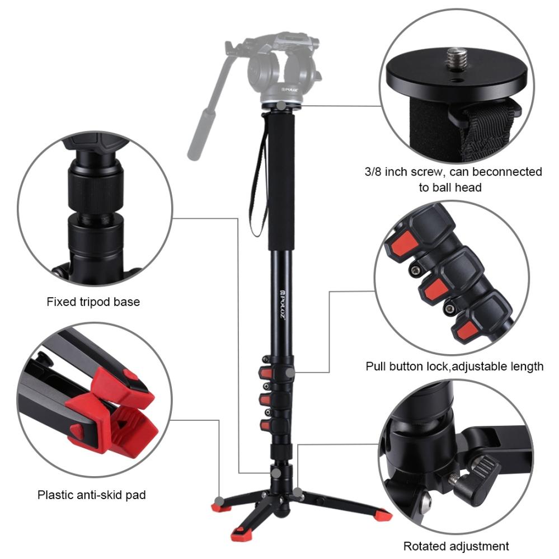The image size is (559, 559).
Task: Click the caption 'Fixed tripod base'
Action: click(x=93, y=302)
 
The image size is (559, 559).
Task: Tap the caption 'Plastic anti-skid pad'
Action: click(x=92, y=495)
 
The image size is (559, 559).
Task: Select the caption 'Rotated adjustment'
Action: click(x=456, y=546)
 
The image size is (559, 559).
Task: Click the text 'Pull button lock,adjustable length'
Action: click(x=454, y=367)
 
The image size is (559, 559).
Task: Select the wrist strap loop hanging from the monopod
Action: click(x=258, y=185)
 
